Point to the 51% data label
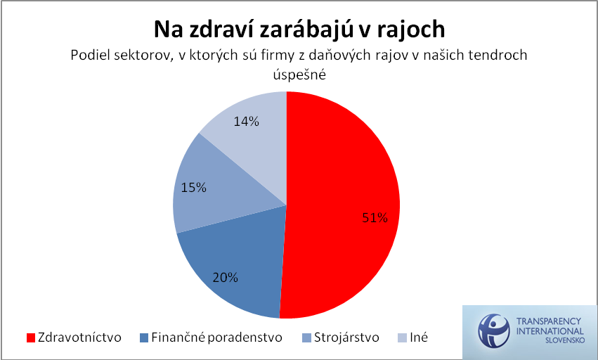pos(375,217)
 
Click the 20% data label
pos(225,278)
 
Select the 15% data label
pos(193,188)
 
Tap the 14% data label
pos(247,122)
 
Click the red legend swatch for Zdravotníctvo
pos(30,338)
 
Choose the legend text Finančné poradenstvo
pos(216,337)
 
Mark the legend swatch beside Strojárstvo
pos(306,338)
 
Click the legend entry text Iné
pos(419,337)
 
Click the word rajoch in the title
pos(411,30)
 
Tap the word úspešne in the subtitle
pos(299,74)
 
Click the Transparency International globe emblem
pos(494,331)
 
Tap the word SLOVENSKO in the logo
pos(565,340)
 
